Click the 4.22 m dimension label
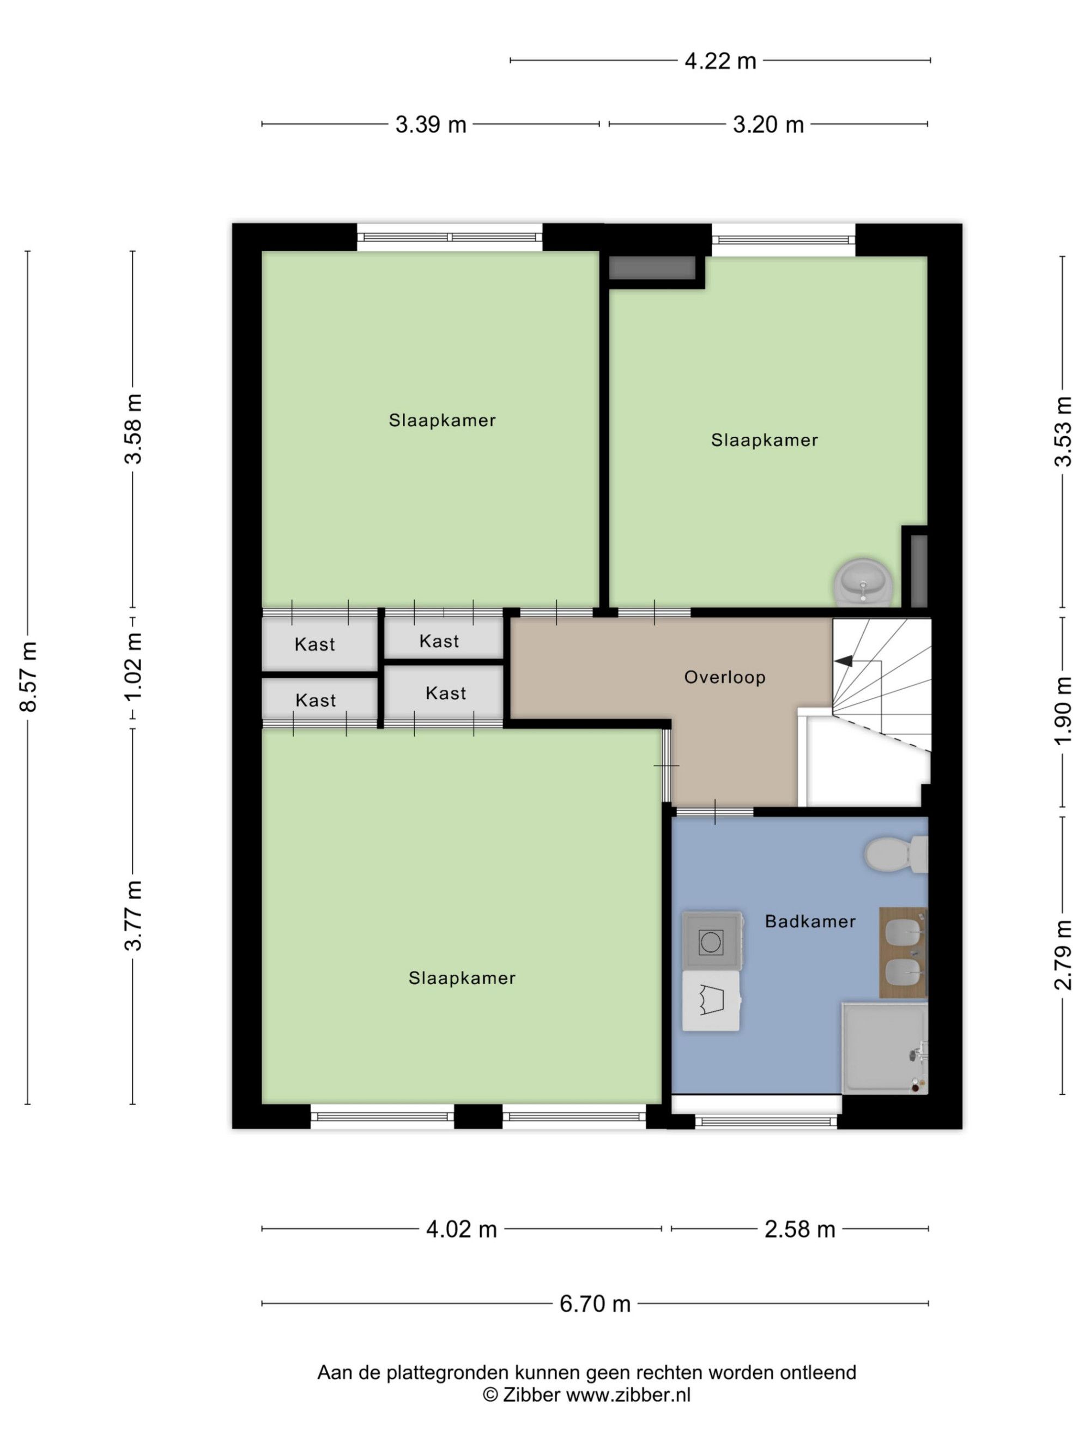[720, 61]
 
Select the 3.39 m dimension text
[431, 124]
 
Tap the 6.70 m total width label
[595, 1304]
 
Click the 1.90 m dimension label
[1062, 710]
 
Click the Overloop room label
[725, 677]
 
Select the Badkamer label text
[810, 921]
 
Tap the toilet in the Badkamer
[895, 854]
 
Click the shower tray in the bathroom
[885, 1048]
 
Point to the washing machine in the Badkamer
[713, 940]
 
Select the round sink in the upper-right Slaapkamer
[863, 582]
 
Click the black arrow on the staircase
[843, 661]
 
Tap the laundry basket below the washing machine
[712, 1000]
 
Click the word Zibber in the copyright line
[531, 1394]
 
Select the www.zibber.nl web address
[628, 1394]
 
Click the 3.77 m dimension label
[134, 915]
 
